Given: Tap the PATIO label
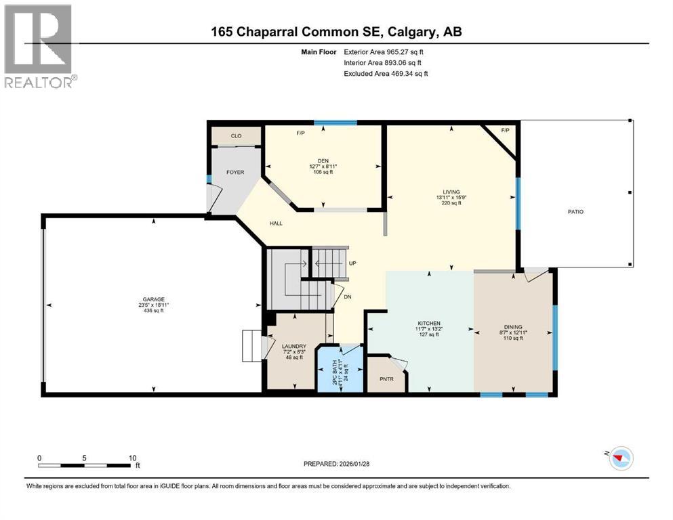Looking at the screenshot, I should click(575, 212).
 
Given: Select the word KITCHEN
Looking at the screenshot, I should click(428, 323).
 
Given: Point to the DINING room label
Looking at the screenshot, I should click(512, 326).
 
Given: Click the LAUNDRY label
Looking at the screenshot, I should click(294, 346).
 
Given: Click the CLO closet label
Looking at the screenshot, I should click(236, 136).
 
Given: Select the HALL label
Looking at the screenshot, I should click(275, 223).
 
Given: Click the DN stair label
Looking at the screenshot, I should click(347, 297).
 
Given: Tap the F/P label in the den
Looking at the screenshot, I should click(300, 133).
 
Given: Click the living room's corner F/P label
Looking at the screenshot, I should click(505, 130).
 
